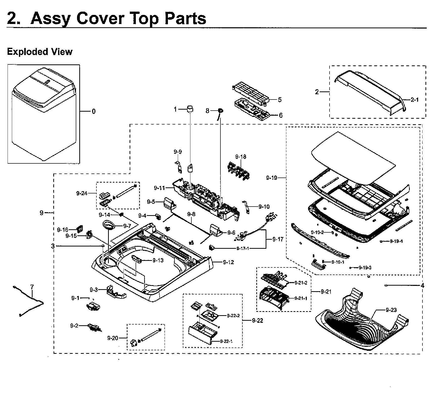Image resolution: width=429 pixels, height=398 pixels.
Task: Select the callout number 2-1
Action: (x=414, y=100)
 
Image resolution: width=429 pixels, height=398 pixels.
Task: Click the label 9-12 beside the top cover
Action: (x=228, y=262)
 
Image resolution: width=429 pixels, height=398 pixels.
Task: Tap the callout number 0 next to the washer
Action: (x=93, y=111)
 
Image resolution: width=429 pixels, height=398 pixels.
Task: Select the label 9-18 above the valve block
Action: (x=240, y=157)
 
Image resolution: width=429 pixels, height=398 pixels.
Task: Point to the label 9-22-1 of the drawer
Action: (x=226, y=341)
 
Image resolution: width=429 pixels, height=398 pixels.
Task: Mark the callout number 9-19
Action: (x=271, y=178)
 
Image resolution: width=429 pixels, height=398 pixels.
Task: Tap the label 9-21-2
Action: (x=301, y=283)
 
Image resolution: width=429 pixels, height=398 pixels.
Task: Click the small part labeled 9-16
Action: (x=80, y=229)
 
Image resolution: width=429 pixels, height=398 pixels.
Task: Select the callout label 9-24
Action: (x=82, y=193)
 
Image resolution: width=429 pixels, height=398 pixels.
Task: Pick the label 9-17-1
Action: (x=243, y=248)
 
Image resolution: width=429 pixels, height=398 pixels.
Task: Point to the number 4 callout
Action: (x=422, y=286)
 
